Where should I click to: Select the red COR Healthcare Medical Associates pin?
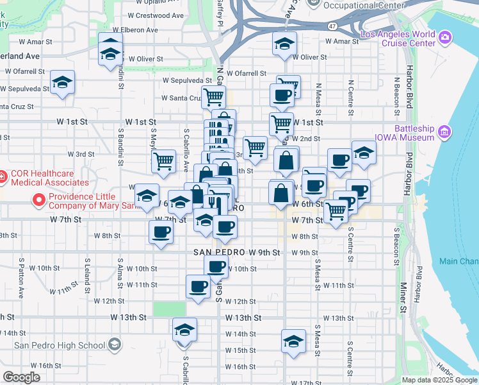point(2,175)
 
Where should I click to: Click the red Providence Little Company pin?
point(39,201)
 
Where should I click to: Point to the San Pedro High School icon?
point(114,345)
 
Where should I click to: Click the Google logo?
point(22,377)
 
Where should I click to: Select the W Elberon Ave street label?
point(134,30)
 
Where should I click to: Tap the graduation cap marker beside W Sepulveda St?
point(63,83)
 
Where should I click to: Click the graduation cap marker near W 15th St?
point(293,341)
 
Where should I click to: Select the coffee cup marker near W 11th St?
point(199,286)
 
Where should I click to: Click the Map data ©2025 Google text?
point(439,380)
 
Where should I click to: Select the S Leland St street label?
point(87,273)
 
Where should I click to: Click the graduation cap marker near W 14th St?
point(185,330)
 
